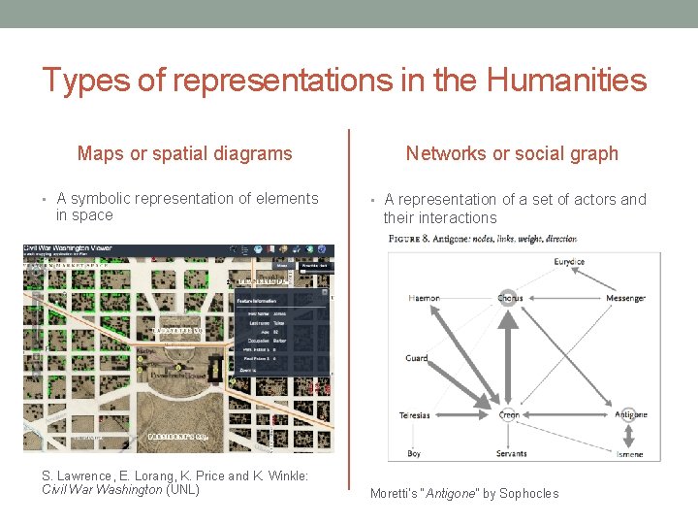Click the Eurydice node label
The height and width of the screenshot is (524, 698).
pos(569,262)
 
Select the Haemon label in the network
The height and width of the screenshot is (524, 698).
pos(424,298)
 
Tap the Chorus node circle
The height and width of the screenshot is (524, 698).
pos(508,298)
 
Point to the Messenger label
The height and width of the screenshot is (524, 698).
pos(625,298)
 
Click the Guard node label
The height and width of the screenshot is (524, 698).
pos(417,358)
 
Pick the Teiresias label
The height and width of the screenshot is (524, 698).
pos(415,415)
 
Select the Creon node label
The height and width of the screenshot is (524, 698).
pos(509,415)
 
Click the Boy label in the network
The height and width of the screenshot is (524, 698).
pos(414,453)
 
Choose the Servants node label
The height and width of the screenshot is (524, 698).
pos(511,453)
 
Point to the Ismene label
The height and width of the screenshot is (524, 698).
pos(629,454)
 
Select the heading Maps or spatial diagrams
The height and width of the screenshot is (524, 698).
pos(184,153)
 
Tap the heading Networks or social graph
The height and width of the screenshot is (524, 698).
pos(511,153)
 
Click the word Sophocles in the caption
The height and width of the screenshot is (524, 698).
pos(529,493)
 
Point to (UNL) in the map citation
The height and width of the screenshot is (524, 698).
pos(183,489)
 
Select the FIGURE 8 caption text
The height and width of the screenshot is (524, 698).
pos(482,238)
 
